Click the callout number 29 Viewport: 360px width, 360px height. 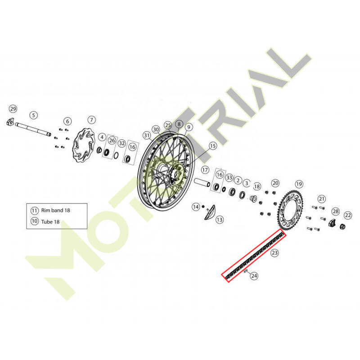coord(13,108)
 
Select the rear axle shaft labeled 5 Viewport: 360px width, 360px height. coord(33,130)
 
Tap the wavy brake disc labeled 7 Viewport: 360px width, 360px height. coord(84,145)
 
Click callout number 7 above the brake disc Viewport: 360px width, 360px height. coord(92,120)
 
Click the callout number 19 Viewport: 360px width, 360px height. coord(299,184)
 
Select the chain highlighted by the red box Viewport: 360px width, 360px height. coord(254,255)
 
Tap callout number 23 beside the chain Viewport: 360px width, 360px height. coord(274,253)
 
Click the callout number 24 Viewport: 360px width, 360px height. coord(254,275)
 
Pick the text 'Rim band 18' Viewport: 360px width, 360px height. coord(55,210)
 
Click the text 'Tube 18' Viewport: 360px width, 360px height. coord(50,222)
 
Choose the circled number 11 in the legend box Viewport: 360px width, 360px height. coord(35,210)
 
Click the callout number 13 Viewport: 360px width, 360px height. coord(220,220)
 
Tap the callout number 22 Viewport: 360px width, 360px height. coord(348,215)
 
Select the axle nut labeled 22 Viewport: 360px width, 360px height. coord(342,227)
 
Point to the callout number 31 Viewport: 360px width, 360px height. coord(147,135)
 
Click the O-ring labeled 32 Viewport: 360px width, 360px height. coord(116,155)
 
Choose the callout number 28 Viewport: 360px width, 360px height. coord(336,211)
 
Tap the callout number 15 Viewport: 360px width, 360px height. coord(213,146)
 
